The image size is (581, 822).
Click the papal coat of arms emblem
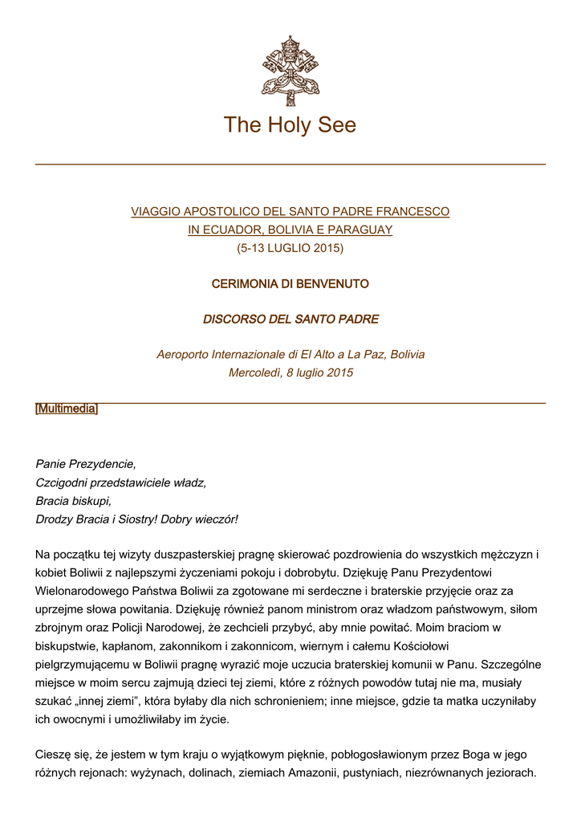[290, 71]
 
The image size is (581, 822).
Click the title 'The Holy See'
[290, 125]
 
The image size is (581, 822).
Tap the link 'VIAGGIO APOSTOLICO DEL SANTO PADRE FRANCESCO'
[290, 212]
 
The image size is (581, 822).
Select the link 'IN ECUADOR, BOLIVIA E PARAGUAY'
[290, 230]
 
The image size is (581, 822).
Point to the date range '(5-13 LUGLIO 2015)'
[290, 248]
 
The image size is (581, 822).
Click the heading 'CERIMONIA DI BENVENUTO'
[290, 283]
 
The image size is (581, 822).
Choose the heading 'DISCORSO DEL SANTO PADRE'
[290, 319]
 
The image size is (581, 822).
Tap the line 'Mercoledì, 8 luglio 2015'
[290, 372]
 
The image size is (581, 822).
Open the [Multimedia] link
[67, 409]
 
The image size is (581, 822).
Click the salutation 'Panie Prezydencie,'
[86, 464]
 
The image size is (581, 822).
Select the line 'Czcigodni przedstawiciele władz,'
[121, 482]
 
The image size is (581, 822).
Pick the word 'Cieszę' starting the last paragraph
[53, 755]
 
